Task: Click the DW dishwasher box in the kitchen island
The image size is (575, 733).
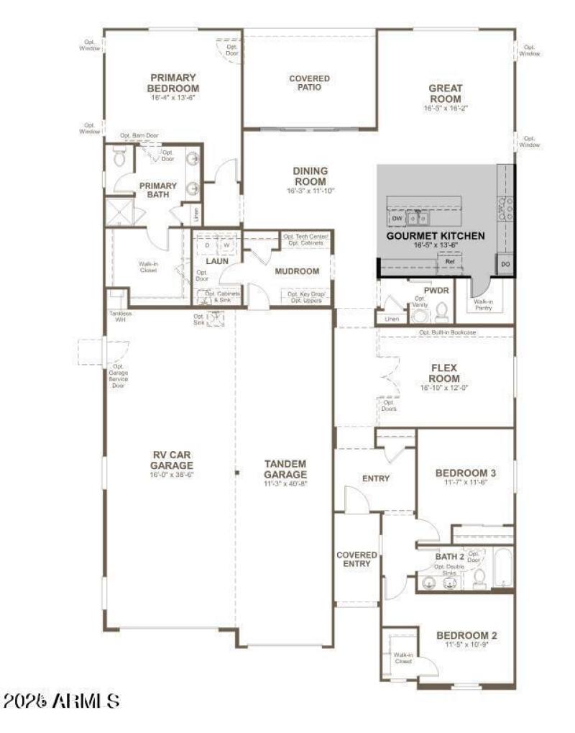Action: [x=397, y=217]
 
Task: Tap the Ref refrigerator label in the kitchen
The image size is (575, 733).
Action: [x=450, y=261]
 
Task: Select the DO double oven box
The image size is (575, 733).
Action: [x=506, y=265]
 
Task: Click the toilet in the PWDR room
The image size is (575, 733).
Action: [x=442, y=311]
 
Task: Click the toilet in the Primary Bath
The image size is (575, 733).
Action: [x=119, y=156]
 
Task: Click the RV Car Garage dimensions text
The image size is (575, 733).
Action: [x=172, y=475]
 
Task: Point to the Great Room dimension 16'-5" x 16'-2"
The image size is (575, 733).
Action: [x=446, y=108]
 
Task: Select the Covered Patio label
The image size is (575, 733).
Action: [x=310, y=83]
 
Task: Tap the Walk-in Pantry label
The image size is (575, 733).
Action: [x=484, y=304]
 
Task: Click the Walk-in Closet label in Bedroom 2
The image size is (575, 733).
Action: [x=402, y=658]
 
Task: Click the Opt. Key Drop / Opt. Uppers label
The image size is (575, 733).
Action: [x=306, y=297]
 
